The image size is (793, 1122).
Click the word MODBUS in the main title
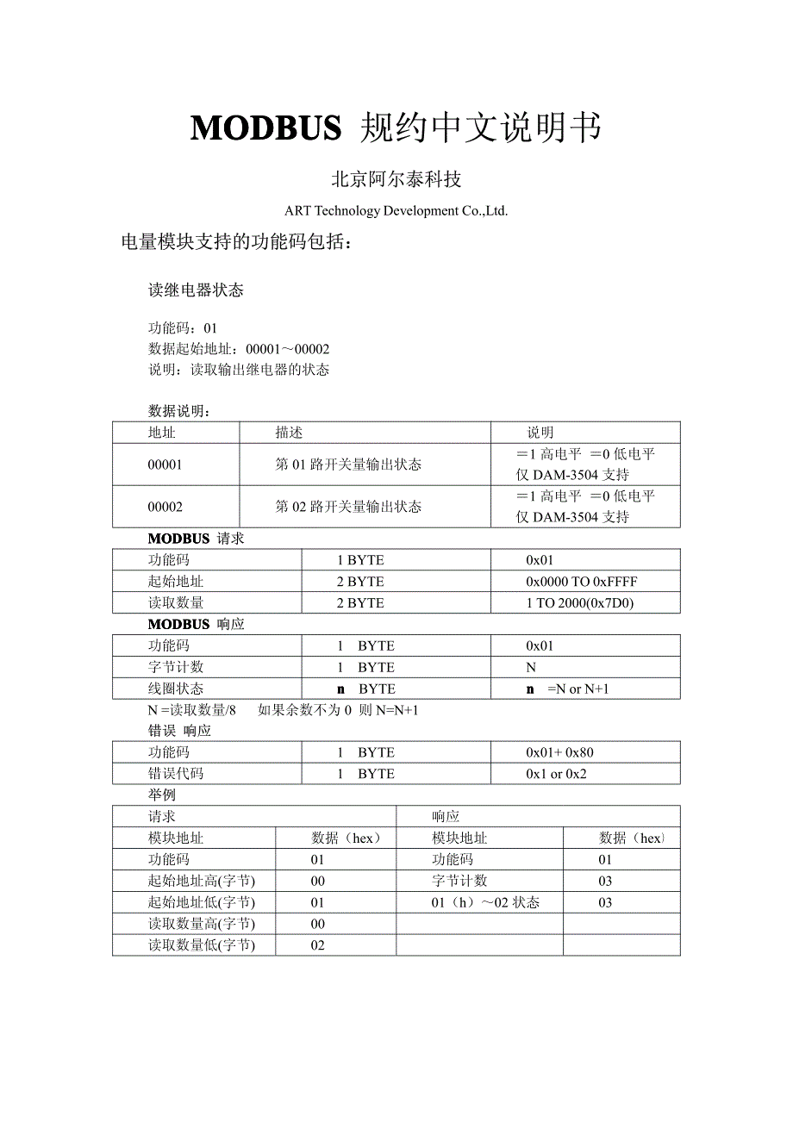click(265, 128)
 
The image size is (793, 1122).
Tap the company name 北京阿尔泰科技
click(396, 179)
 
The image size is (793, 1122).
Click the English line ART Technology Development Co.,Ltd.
click(396, 211)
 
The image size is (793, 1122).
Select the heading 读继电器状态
click(196, 290)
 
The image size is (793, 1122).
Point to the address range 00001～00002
click(287, 349)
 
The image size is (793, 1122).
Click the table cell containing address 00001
click(165, 464)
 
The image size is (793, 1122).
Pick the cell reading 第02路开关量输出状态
click(348, 507)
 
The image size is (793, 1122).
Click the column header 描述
click(289, 433)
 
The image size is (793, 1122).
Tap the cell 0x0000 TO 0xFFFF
click(582, 582)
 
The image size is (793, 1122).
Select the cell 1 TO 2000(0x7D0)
click(579, 603)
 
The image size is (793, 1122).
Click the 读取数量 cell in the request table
click(176, 603)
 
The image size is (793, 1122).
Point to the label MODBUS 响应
click(196, 624)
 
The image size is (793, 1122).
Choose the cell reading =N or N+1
click(578, 689)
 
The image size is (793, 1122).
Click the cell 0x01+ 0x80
click(559, 752)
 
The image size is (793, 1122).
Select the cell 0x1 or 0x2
click(556, 774)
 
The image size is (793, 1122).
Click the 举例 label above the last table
click(162, 795)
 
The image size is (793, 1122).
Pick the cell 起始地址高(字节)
click(202, 881)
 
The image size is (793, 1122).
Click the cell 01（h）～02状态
click(485, 902)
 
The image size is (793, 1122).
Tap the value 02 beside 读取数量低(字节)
click(318, 945)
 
